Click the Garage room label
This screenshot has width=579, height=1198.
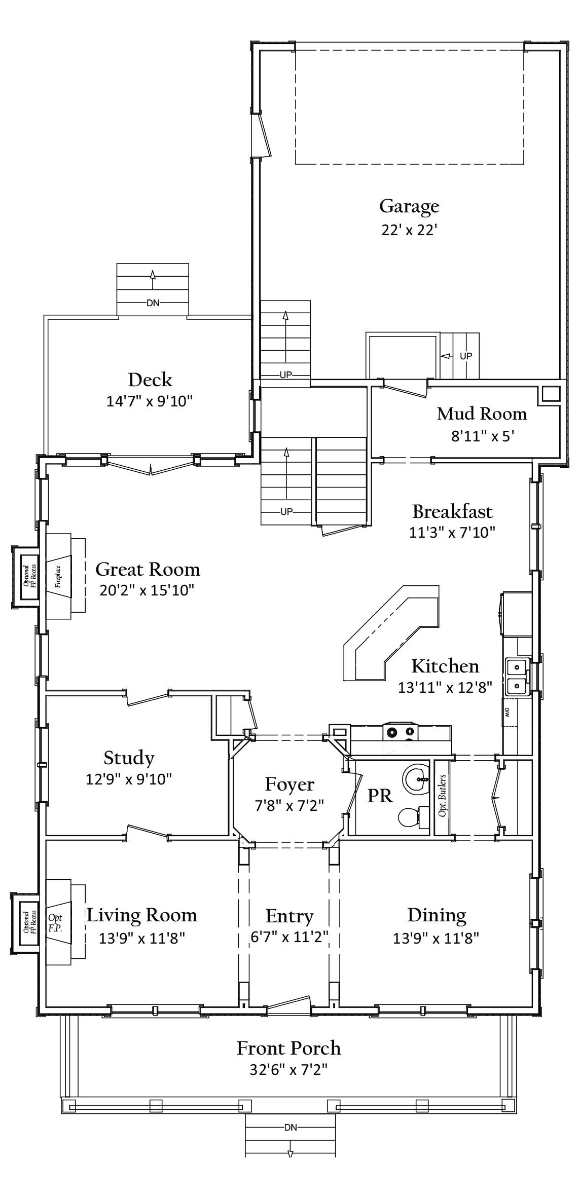(x=409, y=206)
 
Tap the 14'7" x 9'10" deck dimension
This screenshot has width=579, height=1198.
(x=150, y=401)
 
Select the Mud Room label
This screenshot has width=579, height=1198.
(x=482, y=414)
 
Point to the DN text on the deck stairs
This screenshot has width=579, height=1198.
(x=153, y=303)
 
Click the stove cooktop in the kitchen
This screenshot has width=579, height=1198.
(x=400, y=731)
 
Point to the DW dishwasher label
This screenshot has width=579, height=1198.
(x=506, y=713)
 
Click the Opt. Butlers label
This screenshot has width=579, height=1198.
(x=442, y=796)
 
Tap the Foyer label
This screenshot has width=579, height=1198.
(x=289, y=784)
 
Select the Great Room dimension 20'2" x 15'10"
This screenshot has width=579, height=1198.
(x=147, y=590)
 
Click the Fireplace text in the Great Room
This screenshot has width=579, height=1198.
(x=58, y=576)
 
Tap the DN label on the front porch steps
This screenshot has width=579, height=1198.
(x=291, y=1138)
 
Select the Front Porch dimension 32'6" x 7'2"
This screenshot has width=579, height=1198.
(x=288, y=1070)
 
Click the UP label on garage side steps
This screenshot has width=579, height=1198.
(x=466, y=356)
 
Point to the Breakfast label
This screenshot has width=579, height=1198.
(x=452, y=511)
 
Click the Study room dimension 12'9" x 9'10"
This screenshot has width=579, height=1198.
(x=129, y=779)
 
